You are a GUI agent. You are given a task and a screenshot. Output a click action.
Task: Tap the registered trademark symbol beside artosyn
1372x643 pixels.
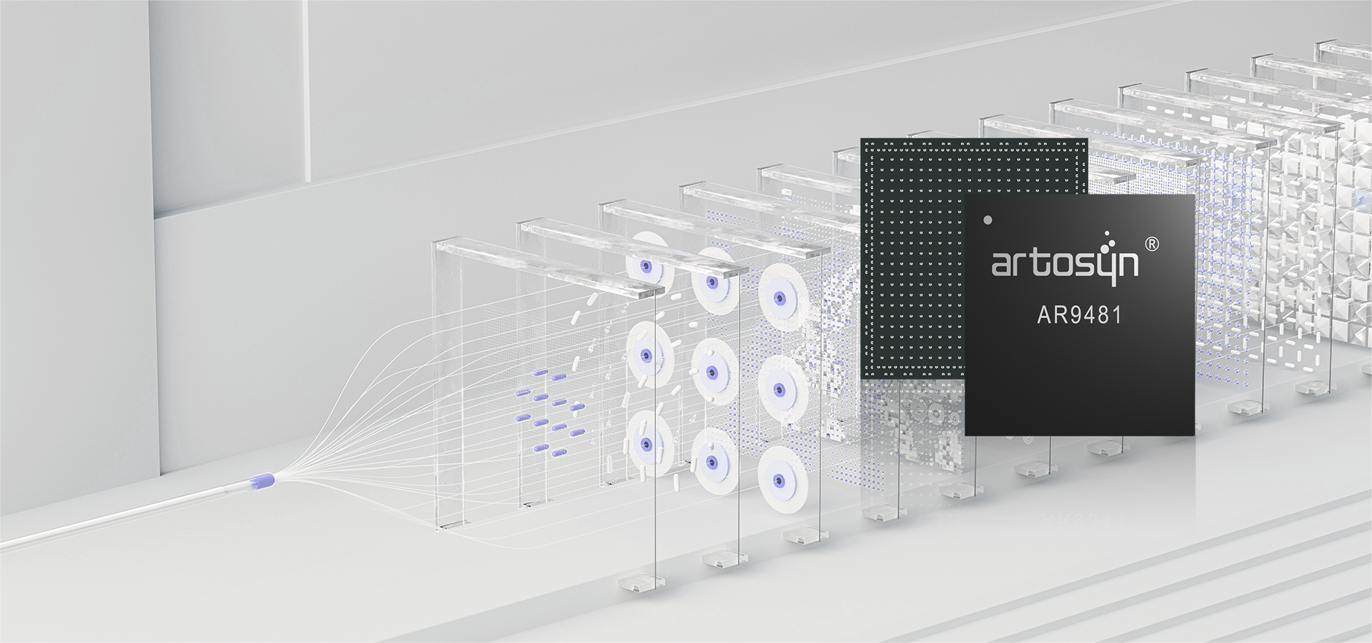coord(1152,244)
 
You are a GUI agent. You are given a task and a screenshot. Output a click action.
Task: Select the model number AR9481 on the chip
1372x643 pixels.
coord(1079,315)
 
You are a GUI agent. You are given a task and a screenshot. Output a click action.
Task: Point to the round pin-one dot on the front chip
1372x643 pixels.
coord(988,219)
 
